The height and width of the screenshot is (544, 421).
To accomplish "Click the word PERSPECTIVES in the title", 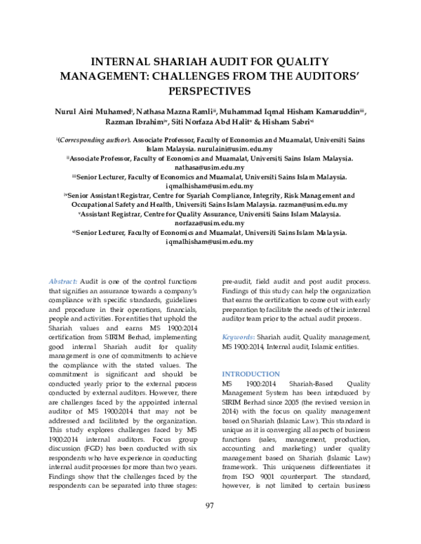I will pos(210,91).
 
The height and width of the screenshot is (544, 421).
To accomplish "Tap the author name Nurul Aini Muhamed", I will pos(95,111).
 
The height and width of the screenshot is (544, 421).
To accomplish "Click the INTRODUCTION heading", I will pos(250,374).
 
